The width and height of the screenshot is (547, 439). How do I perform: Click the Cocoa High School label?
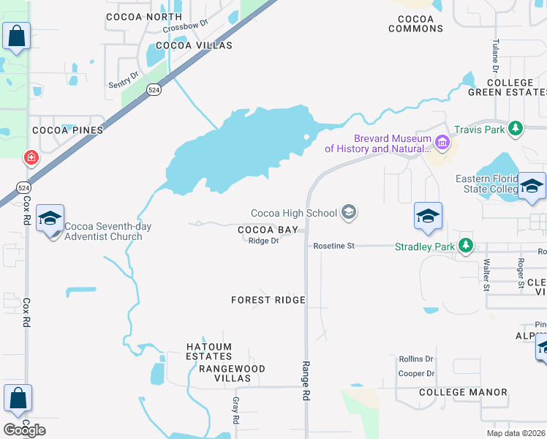(x=294, y=213)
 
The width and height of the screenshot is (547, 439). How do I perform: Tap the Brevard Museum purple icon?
(x=442, y=141)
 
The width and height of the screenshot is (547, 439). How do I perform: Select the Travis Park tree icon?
(x=516, y=130)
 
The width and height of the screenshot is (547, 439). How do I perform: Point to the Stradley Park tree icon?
(x=464, y=246)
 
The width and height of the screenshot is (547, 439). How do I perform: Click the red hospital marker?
(x=31, y=157)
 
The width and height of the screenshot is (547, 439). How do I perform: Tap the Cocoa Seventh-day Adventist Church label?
(x=108, y=231)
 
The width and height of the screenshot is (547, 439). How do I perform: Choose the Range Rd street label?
(x=305, y=380)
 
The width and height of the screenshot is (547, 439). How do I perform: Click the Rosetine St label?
(x=333, y=246)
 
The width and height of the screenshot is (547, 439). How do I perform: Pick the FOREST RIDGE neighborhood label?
(x=268, y=300)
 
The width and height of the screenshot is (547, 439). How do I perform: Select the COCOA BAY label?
(x=268, y=230)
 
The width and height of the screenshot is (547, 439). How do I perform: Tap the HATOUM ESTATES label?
(x=208, y=351)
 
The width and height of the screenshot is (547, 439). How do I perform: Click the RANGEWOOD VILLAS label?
(x=232, y=373)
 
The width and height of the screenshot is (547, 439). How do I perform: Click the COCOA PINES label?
(x=67, y=130)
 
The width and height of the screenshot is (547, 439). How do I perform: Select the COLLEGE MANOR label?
(x=463, y=392)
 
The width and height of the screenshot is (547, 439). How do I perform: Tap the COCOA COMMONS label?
(x=415, y=23)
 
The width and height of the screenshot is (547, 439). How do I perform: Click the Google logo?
(x=24, y=430)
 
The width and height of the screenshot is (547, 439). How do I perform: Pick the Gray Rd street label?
(x=235, y=411)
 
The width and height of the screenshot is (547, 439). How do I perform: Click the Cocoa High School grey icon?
(x=350, y=213)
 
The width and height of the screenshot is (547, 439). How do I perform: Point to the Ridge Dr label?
(x=263, y=241)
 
